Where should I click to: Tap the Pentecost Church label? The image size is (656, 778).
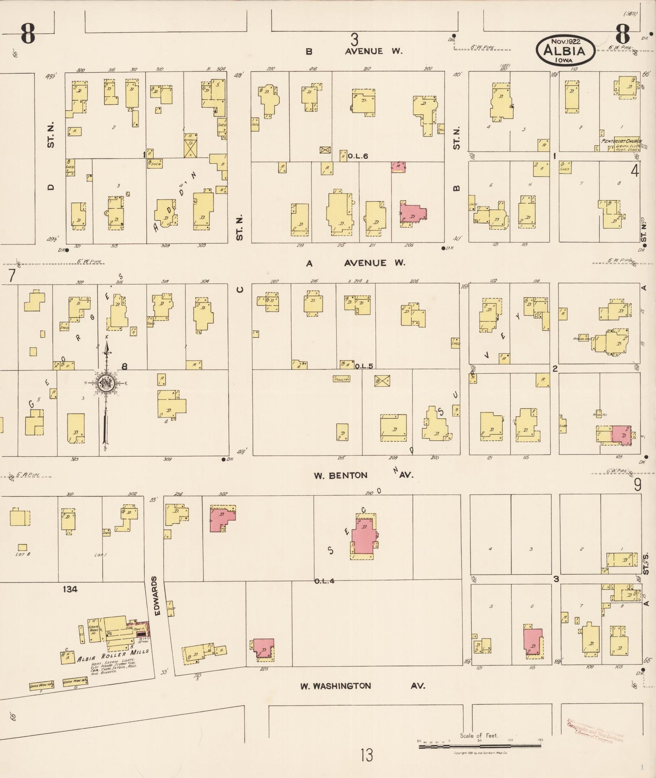[x=621, y=141]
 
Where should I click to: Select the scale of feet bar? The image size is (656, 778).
[x=479, y=744]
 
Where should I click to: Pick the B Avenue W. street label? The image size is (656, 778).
[x=354, y=51]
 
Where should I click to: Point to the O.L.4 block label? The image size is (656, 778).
[x=324, y=581]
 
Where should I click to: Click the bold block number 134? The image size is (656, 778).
[x=70, y=589]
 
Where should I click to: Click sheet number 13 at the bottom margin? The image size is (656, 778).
[x=366, y=755]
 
